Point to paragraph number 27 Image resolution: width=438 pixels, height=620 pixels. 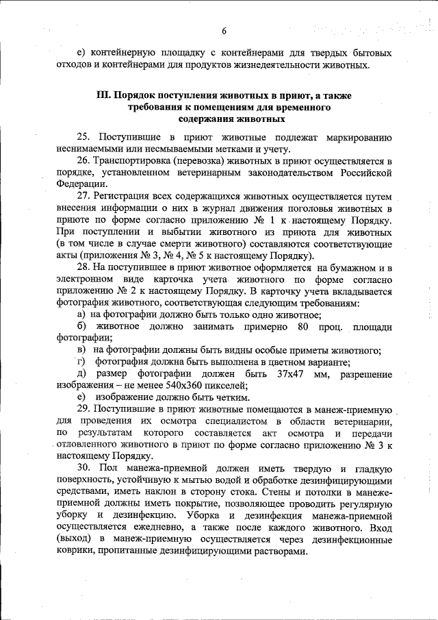coord(84,196)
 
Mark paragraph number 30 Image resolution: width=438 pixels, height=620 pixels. coord(84,467)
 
